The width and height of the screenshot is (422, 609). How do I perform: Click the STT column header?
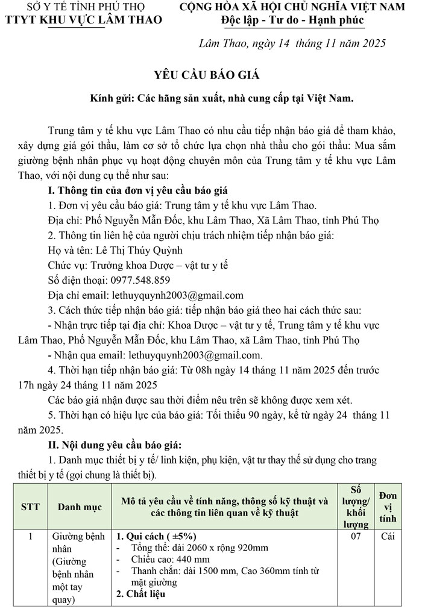point(30,507)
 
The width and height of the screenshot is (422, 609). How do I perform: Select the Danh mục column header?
point(80,507)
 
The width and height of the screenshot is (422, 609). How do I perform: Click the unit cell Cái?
point(388,537)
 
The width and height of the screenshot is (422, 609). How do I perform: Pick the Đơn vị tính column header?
point(388,507)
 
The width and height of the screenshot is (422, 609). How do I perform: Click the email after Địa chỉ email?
point(178,295)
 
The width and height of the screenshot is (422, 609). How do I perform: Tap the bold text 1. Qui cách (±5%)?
point(156,536)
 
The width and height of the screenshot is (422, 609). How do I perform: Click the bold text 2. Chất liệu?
point(140,593)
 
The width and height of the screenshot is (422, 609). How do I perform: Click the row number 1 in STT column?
point(30,536)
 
